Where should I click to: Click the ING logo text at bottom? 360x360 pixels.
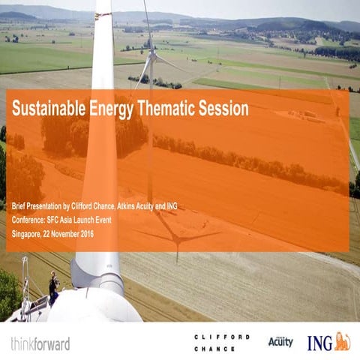[319, 343]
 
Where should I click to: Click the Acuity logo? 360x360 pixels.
[280, 341]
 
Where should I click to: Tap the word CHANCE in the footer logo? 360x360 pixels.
[214, 349]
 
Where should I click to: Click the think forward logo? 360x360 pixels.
[40, 344]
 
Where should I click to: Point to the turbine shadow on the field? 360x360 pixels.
[177, 236]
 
